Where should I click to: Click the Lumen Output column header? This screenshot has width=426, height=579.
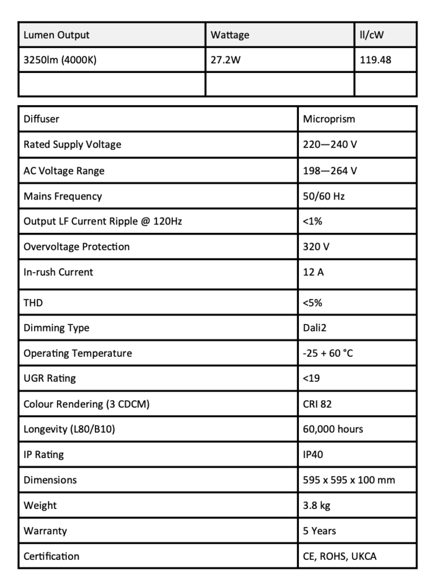point(56,35)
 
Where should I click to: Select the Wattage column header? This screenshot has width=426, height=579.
point(230,35)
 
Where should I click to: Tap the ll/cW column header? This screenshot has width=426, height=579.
point(372,35)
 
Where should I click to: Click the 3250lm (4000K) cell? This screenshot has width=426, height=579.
point(59,60)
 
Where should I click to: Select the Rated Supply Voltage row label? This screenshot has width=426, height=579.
point(72,145)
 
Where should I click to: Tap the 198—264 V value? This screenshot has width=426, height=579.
point(330,170)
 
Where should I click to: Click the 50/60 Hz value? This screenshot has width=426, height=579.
point(324,196)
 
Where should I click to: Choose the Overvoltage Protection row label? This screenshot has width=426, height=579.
point(76,247)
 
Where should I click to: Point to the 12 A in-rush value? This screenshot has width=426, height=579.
point(313,272)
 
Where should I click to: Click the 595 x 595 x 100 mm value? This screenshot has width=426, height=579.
point(349,480)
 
